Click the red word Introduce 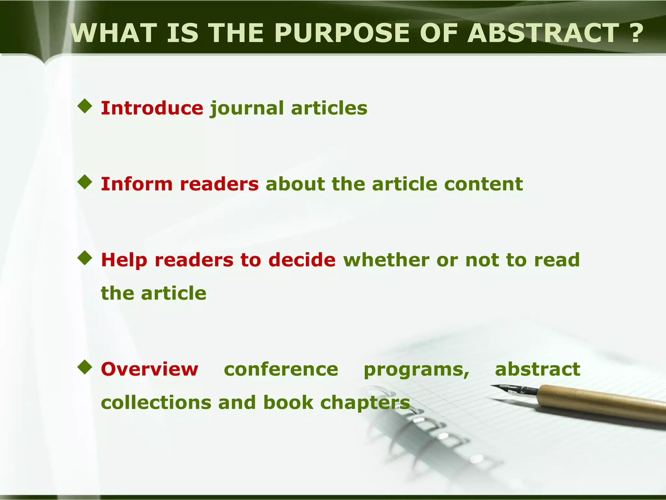click(x=152, y=108)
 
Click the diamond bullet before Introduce click(x=85, y=106)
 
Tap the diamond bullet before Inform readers click(x=85, y=182)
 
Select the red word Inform click(x=137, y=184)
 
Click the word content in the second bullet click(x=484, y=184)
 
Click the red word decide click(x=302, y=260)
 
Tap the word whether click(x=386, y=260)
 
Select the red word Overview click(x=150, y=369)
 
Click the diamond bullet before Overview click(x=85, y=367)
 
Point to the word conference click(x=281, y=369)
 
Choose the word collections click(x=156, y=403)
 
